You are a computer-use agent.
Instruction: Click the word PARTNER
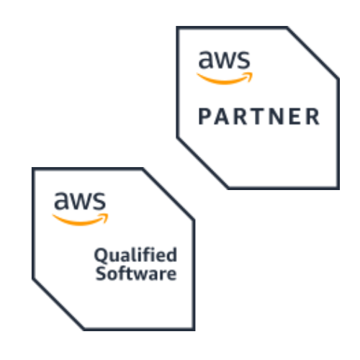[x=259, y=117]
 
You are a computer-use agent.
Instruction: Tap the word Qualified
[x=135, y=256]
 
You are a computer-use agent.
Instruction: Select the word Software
[x=136, y=273]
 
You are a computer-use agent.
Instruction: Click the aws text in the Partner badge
[x=225, y=59]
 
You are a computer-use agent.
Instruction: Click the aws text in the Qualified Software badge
[x=80, y=201]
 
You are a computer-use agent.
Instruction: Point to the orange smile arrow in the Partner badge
[x=225, y=78]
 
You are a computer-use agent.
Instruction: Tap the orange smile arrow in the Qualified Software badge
[x=80, y=220]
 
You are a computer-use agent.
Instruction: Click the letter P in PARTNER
[x=204, y=117]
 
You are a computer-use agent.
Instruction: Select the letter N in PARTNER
[x=275, y=117]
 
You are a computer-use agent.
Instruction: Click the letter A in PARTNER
[x=221, y=117]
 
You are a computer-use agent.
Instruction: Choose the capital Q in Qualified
[x=101, y=255]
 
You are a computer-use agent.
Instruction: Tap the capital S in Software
[x=101, y=273]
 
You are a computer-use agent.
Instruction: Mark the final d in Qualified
[x=172, y=254]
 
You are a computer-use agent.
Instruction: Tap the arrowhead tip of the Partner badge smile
[x=253, y=73]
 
